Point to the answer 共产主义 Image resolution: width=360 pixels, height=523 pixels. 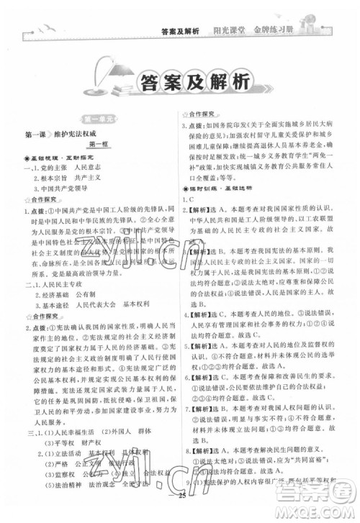102,179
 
